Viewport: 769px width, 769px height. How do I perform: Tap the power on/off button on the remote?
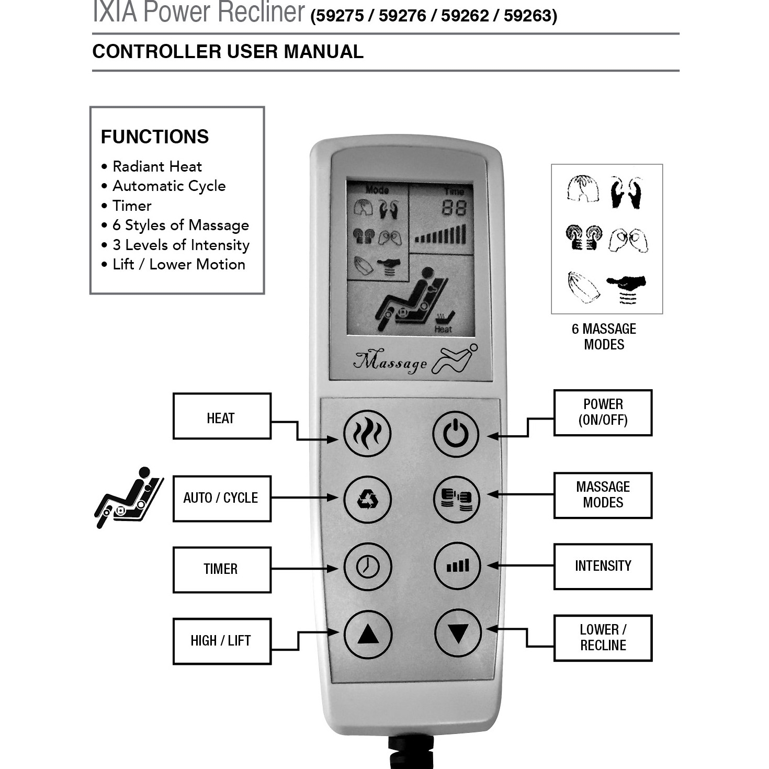(456, 434)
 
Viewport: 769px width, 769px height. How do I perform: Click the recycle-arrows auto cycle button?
(367, 499)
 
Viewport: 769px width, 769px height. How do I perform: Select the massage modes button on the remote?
(457, 499)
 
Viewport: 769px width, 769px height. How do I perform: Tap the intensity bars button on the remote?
(457, 566)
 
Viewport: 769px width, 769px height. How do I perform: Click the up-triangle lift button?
(368, 635)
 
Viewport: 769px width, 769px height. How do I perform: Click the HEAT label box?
(222, 416)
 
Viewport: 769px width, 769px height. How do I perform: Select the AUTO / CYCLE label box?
(222, 499)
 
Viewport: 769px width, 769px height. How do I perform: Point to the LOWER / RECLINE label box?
(603, 638)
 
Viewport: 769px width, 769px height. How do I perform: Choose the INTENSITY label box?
(603, 566)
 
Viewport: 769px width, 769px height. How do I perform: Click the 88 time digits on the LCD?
(454, 208)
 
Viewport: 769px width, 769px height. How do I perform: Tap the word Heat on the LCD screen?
(443, 329)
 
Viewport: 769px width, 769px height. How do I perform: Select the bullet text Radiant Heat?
(157, 166)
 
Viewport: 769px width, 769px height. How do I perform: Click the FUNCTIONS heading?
(155, 137)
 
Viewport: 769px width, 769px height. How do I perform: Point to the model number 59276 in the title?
(403, 16)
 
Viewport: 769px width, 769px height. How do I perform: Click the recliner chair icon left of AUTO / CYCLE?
(129, 497)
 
